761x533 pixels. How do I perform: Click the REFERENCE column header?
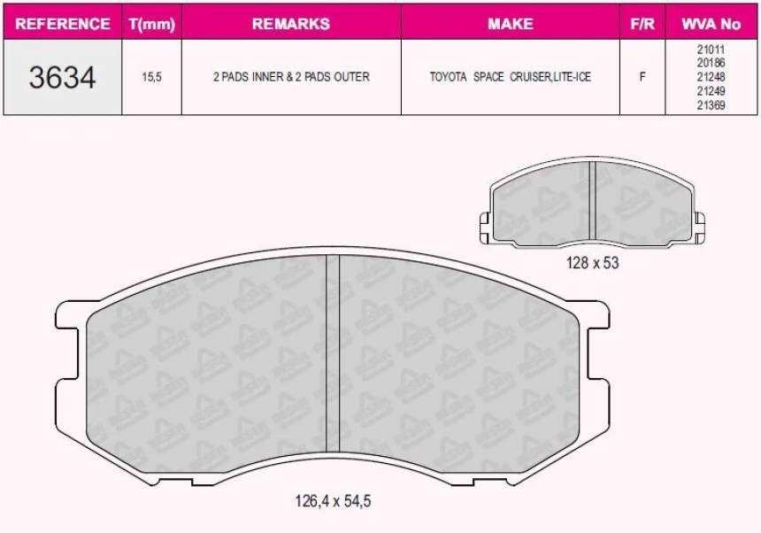point(63,24)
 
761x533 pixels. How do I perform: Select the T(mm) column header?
point(151,24)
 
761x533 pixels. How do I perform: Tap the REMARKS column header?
point(291,24)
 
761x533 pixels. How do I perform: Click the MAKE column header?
point(510,24)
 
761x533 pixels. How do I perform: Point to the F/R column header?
point(642,24)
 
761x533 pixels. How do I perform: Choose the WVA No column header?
point(711,24)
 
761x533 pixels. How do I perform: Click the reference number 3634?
point(62,77)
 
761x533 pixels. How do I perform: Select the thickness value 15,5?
point(151,78)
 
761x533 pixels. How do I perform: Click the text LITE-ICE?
point(572,78)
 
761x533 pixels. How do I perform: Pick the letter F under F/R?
point(642,78)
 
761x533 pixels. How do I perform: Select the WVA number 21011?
point(711,50)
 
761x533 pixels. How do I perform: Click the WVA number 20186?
point(711,64)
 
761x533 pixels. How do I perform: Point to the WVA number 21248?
point(711,77)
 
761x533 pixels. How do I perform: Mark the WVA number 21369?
point(711,104)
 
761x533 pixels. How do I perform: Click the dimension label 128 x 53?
point(593,263)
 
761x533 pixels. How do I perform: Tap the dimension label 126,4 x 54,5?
point(333,501)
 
